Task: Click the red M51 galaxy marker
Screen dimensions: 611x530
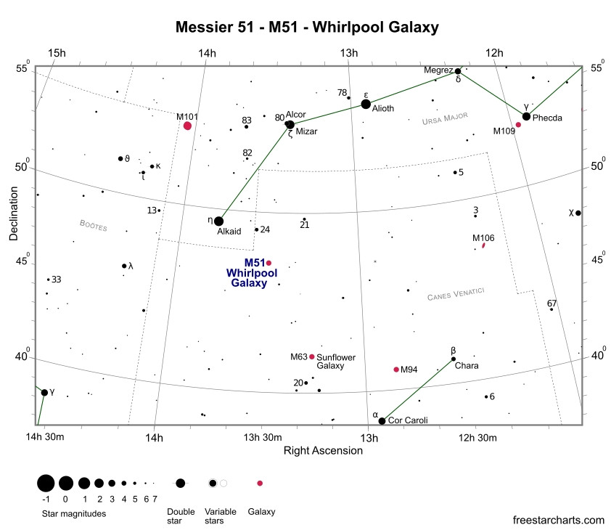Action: click(x=269, y=263)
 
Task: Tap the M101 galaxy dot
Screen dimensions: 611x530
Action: click(x=187, y=126)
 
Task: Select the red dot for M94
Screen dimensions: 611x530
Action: click(x=396, y=370)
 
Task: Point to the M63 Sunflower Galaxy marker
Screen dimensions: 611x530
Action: click(x=312, y=356)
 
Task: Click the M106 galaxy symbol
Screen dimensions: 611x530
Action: click(x=483, y=245)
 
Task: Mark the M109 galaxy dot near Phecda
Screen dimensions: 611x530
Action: click(x=518, y=125)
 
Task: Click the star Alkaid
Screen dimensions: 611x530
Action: click(x=219, y=221)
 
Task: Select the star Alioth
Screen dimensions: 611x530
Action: click(x=366, y=104)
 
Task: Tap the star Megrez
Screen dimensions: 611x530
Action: click(x=458, y=71)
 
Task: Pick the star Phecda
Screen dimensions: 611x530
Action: click(x=526, y=116)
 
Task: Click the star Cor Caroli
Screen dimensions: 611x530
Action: click(x=382, y=421)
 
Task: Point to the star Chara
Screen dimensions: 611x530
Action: click(x=454, y=359)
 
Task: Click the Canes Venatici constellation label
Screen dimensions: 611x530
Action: click(x=456, y=294)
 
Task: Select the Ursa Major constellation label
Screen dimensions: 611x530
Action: click(x=445, y=118)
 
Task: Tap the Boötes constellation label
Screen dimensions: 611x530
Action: click(x=93, y=225)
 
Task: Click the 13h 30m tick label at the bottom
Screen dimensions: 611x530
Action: click(x=263, y=437)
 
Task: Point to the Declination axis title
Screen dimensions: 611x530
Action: click(x=14, y=213)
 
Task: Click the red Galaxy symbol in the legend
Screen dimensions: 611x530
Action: click(x=260, y=484)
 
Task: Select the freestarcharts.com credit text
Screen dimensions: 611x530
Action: click(x=559, y=520)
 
